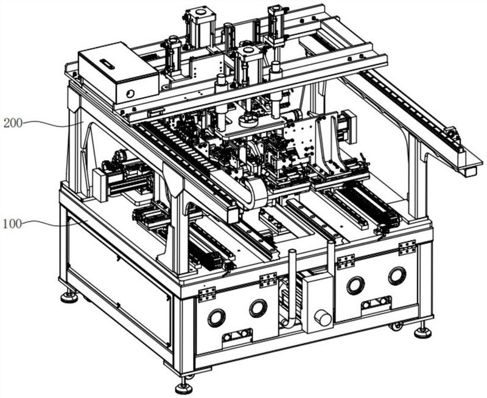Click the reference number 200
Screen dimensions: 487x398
pyautogui.click(x=13, y=124)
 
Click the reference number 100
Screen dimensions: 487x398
pyautogui.click(x=12, y=223)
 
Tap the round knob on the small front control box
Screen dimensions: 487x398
pyautogui.click(x=323, y=319)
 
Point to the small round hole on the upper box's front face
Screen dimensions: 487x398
pyautogui.click(x=130, y=94)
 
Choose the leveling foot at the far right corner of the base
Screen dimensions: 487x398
pyautogui.click(x=422, y=332)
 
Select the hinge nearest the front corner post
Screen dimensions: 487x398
pyautogui.click(x=207, y=295)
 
